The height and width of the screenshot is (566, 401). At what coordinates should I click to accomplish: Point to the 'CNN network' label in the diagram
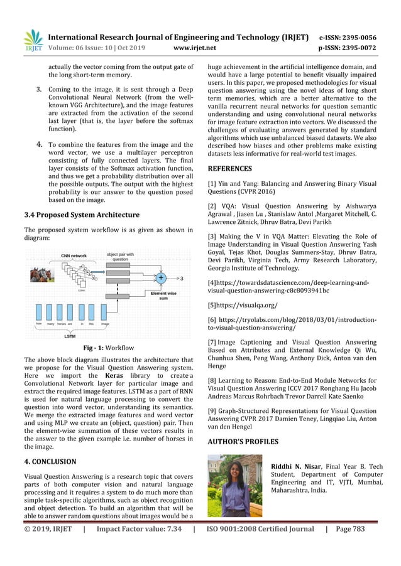tap(74, 255)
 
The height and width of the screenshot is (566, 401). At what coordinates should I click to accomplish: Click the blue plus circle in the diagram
tap(161, 277)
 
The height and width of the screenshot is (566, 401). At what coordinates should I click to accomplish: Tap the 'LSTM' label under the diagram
tap(70, 336)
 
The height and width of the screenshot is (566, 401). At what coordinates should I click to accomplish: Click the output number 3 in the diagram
tap(182, 277)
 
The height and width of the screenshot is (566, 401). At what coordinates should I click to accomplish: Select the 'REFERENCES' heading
tap(230, 169)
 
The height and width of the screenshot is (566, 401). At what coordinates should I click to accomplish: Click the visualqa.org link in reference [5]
tap(244, 307)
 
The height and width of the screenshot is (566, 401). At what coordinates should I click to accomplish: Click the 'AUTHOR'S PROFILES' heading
tap(243, 442)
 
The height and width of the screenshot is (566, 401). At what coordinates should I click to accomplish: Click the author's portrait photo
tap(234, 488)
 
